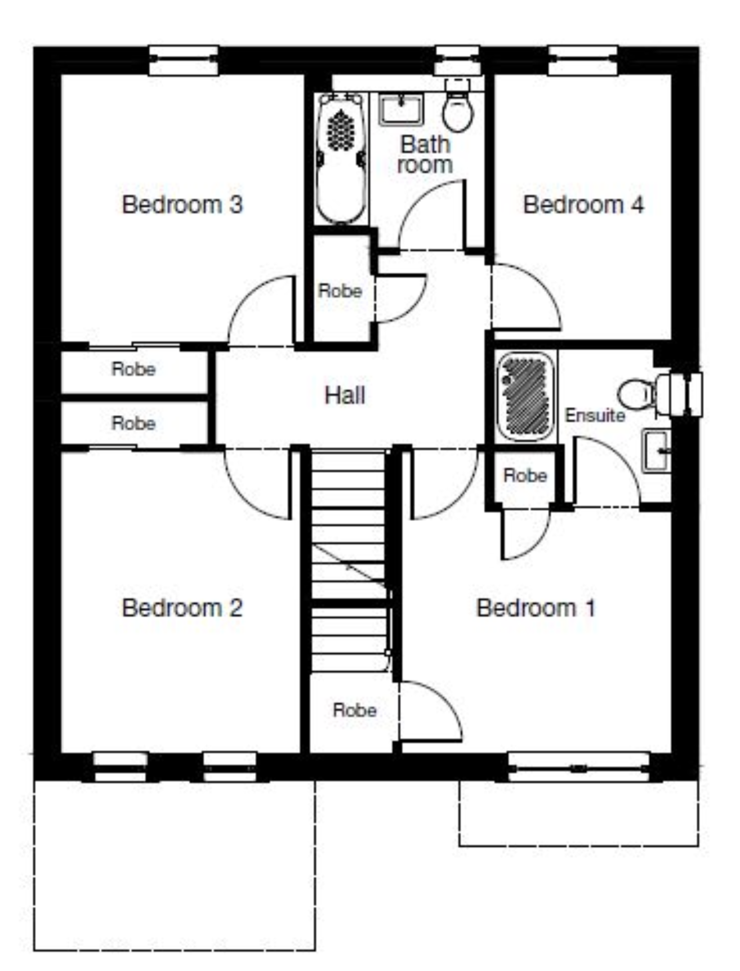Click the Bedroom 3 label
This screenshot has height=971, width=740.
[182, 204]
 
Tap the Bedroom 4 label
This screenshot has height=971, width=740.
[583, 204]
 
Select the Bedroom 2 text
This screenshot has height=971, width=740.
[182, 608]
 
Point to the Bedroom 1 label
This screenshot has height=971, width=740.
[536, 608]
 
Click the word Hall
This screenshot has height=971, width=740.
[345, 395]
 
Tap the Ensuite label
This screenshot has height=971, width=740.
[595, 415]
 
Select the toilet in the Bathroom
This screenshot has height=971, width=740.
[457, 107]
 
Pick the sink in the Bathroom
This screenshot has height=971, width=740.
[401, 109]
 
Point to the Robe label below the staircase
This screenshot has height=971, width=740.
[354, 710]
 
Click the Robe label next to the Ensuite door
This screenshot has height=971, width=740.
[525, 475]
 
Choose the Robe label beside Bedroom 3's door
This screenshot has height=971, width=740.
[340, 291]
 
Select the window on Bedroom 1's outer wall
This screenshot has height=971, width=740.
[579, 767]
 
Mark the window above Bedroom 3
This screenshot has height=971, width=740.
[184, 60]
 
